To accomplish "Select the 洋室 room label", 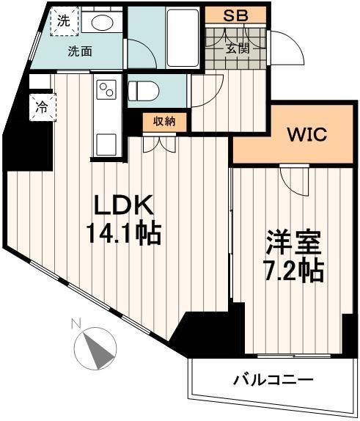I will [x=289, y=243].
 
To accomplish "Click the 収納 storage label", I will [x=164, y=122].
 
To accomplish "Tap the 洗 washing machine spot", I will [x=64, y=21].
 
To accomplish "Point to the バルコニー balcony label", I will [x=273, y=380].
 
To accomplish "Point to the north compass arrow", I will [x=96, y=347].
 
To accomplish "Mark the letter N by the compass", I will [x=75, y=323].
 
